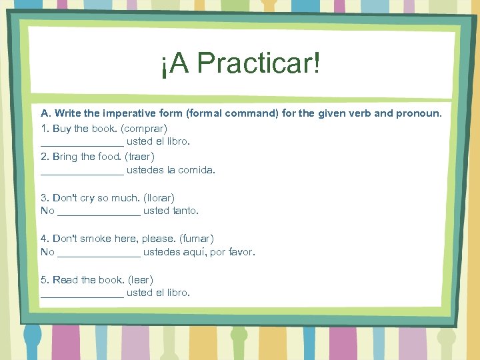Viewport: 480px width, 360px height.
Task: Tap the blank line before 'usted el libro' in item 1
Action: [82, 143]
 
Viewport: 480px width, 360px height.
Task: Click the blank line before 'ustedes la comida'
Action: [82, 171]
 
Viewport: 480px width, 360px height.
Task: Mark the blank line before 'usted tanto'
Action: [99, 213]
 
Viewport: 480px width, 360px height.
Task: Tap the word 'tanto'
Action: [186, 211]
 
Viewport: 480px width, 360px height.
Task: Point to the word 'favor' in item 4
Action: [241, 252]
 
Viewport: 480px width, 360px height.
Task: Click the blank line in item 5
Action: [82, 295]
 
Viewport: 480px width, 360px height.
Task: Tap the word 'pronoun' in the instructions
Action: [417, 113]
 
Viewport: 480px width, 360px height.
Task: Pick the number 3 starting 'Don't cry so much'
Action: [44, 198]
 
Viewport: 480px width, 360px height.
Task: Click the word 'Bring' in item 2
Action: [65, 157]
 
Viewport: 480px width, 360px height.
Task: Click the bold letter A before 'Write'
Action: [45, 113]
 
